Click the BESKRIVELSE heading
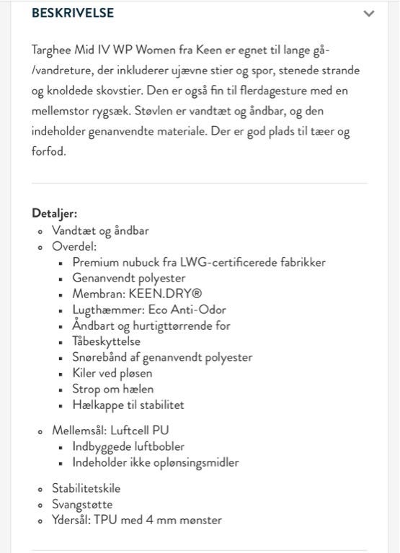(73, 13)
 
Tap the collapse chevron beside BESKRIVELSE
(369, 14)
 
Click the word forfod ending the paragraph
(48, 152)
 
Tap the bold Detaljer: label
(54, 213)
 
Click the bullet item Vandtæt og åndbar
(100, 230)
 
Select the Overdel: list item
(74, 246)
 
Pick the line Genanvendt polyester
(129, 278)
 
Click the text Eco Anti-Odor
(187, 310)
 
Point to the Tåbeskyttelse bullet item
(107, 341)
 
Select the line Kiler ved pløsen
(112, 373)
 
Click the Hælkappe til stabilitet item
(128, 405)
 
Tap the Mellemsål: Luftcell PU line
(110, 431)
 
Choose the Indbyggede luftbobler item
(128, 446)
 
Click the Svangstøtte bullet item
(82, 504)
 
